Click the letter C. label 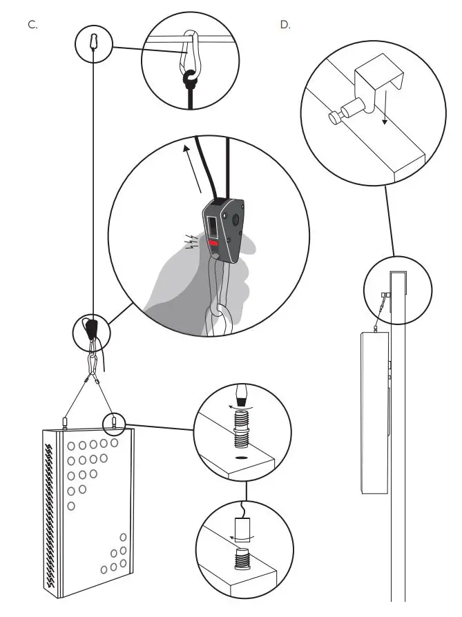point(32,24)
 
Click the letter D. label point(285,24)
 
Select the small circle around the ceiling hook point(93,43)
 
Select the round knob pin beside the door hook point(335,117)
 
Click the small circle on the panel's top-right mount point(113,420)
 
